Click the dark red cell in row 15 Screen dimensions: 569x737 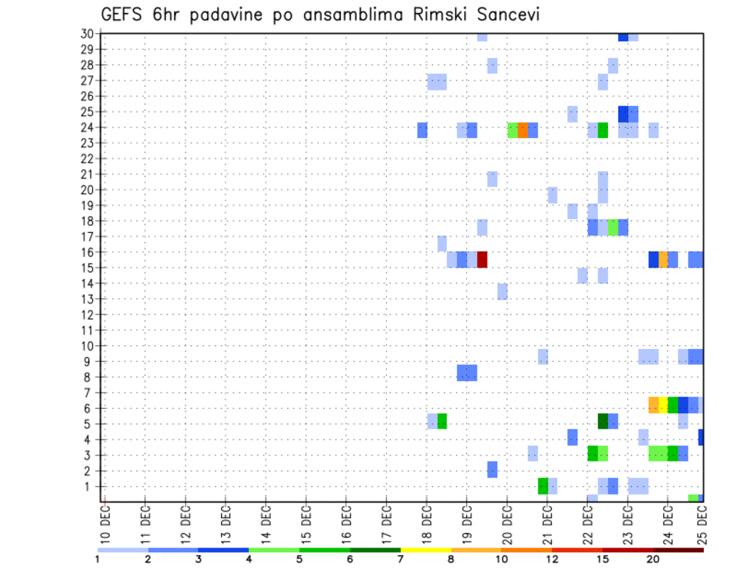click(482, 259)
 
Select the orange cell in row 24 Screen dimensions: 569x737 click(523, 130)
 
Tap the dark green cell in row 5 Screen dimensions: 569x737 click(603, 420)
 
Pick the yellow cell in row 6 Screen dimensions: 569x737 click(663, 404)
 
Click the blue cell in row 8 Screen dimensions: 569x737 click(467, 373)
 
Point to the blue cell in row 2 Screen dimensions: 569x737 click(492, 469)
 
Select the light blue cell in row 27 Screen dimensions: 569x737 click(437, 81)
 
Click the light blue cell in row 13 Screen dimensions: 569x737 click(502, 291)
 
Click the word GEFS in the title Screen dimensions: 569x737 click(122, 13)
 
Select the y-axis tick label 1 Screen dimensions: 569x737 click(90, 486)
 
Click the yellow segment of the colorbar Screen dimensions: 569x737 click(425, 550)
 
